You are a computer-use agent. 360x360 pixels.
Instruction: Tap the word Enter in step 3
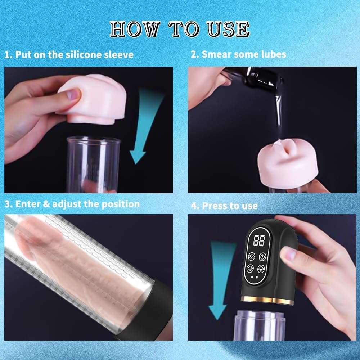(27, 204)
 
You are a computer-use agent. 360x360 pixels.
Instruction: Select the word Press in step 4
(215, 206)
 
